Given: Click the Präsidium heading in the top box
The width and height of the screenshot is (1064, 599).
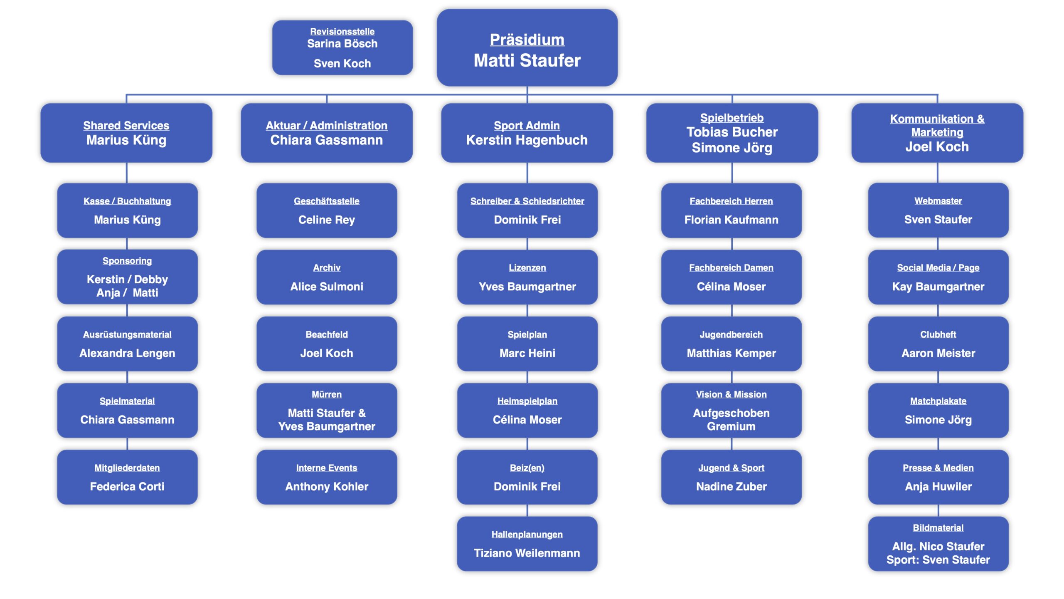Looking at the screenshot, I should coord(527,40).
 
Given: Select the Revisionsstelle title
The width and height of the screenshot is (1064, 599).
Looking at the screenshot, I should coord(342,32).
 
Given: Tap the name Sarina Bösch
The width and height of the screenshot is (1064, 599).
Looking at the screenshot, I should coord(342,44).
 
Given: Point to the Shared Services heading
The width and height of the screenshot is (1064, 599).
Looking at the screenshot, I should coord(126,125).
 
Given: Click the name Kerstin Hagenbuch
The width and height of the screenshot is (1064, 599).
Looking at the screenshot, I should coord(527,140).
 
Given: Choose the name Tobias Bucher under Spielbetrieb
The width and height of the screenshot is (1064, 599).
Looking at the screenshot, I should coord(731,132).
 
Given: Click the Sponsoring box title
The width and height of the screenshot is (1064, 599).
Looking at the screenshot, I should coord(127,261).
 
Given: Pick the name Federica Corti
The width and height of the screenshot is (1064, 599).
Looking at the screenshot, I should coord(127,486).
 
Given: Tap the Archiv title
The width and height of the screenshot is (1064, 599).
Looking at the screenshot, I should coord(327,267).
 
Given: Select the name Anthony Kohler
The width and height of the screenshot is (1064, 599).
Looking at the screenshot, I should coord(327,486).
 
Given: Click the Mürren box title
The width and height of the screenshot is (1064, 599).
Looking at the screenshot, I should coord(327,394).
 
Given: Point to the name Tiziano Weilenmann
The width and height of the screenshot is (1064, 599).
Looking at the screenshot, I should coord(527,553).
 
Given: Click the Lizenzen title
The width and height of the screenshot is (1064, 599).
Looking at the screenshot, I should coord(527,267).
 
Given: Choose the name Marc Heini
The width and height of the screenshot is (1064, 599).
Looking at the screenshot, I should coord(527,353).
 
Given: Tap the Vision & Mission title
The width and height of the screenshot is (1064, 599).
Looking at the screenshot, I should coord(731,394).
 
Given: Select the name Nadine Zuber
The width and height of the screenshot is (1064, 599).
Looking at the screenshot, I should coord(731,486).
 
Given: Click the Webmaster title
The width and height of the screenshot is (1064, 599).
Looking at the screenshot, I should coord(938,201).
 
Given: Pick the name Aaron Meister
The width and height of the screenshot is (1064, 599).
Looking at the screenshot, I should coord(938,353).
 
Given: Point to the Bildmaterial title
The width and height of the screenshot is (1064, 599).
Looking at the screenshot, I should coord(938,528).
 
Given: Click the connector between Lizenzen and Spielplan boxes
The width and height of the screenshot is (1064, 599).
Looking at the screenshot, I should coord(527,310).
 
